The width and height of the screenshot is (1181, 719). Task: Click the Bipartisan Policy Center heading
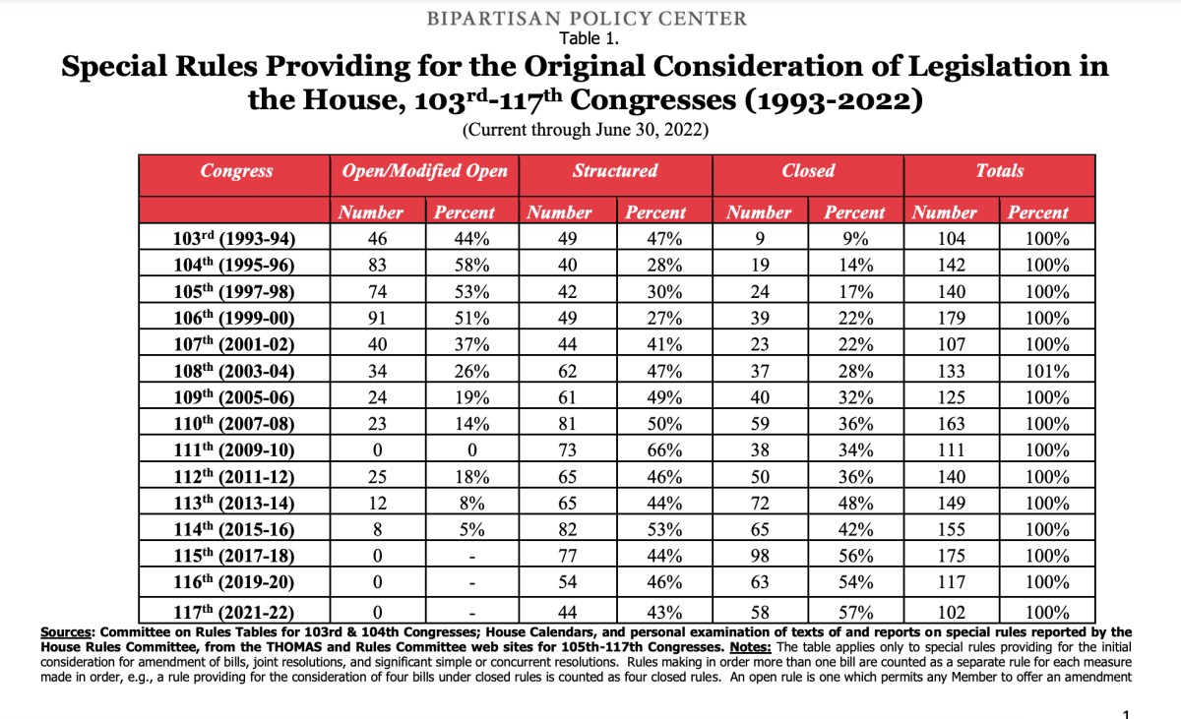click(588, 18)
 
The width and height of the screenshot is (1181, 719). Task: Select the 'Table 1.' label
click(589, 38)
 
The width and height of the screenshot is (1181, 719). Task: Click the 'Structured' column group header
click(615, 171)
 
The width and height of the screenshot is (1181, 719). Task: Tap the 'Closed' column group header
click(807, 171)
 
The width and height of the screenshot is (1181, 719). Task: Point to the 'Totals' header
click(999, 171)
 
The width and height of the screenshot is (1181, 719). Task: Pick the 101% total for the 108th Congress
click(1048, 371)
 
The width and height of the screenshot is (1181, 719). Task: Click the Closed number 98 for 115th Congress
click(758, 557)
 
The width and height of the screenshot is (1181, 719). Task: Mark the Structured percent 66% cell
click(655, 450)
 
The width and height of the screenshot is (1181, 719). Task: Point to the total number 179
click(952, 318)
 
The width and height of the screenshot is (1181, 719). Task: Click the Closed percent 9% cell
click(854, 238)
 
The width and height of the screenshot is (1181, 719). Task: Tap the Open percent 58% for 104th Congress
click(465, 265)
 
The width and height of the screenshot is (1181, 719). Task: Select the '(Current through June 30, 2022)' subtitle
click(586, 130)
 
